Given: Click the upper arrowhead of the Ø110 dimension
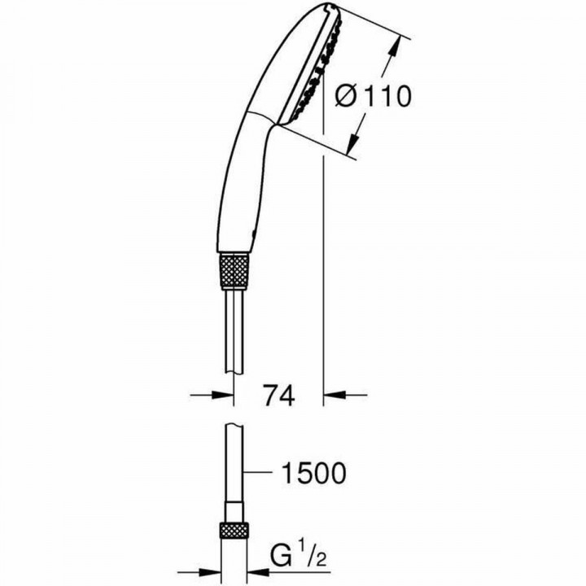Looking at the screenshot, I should pos(400,41).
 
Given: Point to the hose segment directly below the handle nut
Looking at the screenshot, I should pos(234,326).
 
